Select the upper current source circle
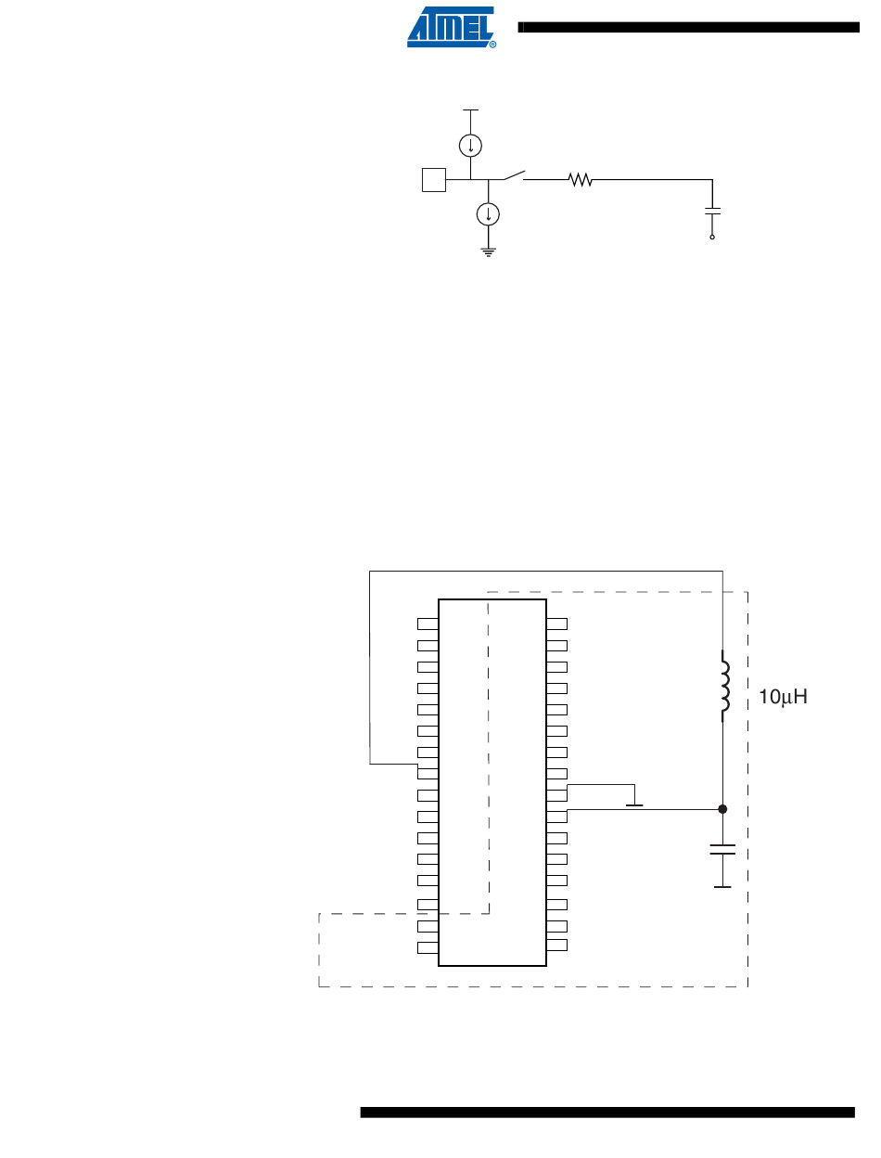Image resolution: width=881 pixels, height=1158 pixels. pyautogui.click(x=471, y=145)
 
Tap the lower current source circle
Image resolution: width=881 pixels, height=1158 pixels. pyautogui.click(x=488, y=214)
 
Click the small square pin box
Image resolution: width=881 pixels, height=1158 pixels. pyautogui.click(x=433, y=179)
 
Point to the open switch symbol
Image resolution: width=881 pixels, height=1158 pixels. pyautogui.click(x=513, y=175)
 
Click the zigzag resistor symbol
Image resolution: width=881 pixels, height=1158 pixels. pyautogui.click(x=581, y=179)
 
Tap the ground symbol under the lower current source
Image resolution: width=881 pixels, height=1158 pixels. pyautogui.click(x=488, y=250)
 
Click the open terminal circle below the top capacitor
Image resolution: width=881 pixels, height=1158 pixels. pyautogui.click(x=712, y=238)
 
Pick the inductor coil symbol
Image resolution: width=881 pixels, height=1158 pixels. pyautogui.click(x=723, y=688)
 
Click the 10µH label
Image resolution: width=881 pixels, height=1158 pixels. pyautogui.click(x=784, y=697)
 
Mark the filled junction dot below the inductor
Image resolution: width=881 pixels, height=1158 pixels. pyautogui.click(x=723, y=809)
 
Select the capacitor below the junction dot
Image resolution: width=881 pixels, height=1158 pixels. pyautogui.click(x=723, y=850)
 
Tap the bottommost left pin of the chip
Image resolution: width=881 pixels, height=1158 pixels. pyautogui.click(x=428, y=947)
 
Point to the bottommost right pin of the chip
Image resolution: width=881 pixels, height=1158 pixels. pyautogui.click(x=556, y=946)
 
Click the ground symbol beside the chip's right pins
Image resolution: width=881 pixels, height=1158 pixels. pyautogui.click(x=635, y=803)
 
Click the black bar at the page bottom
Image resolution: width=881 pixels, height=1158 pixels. pyautogui.click(x=606, y=1112)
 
